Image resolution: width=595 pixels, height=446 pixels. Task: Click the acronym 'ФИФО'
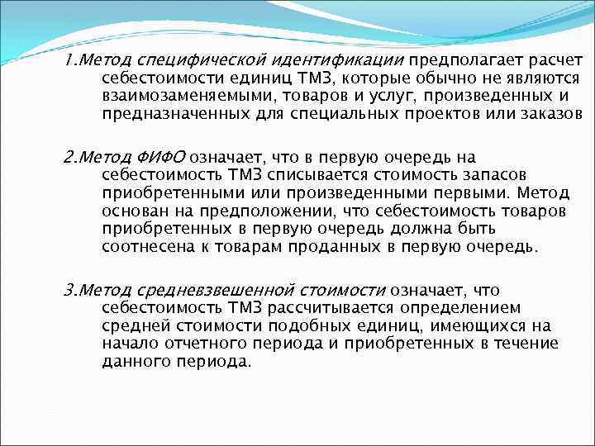[x=164, y=158]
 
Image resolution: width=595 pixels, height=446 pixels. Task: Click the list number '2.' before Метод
[x=69, y=158]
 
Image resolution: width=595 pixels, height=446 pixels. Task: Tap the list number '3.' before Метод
[x=69, y=291]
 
